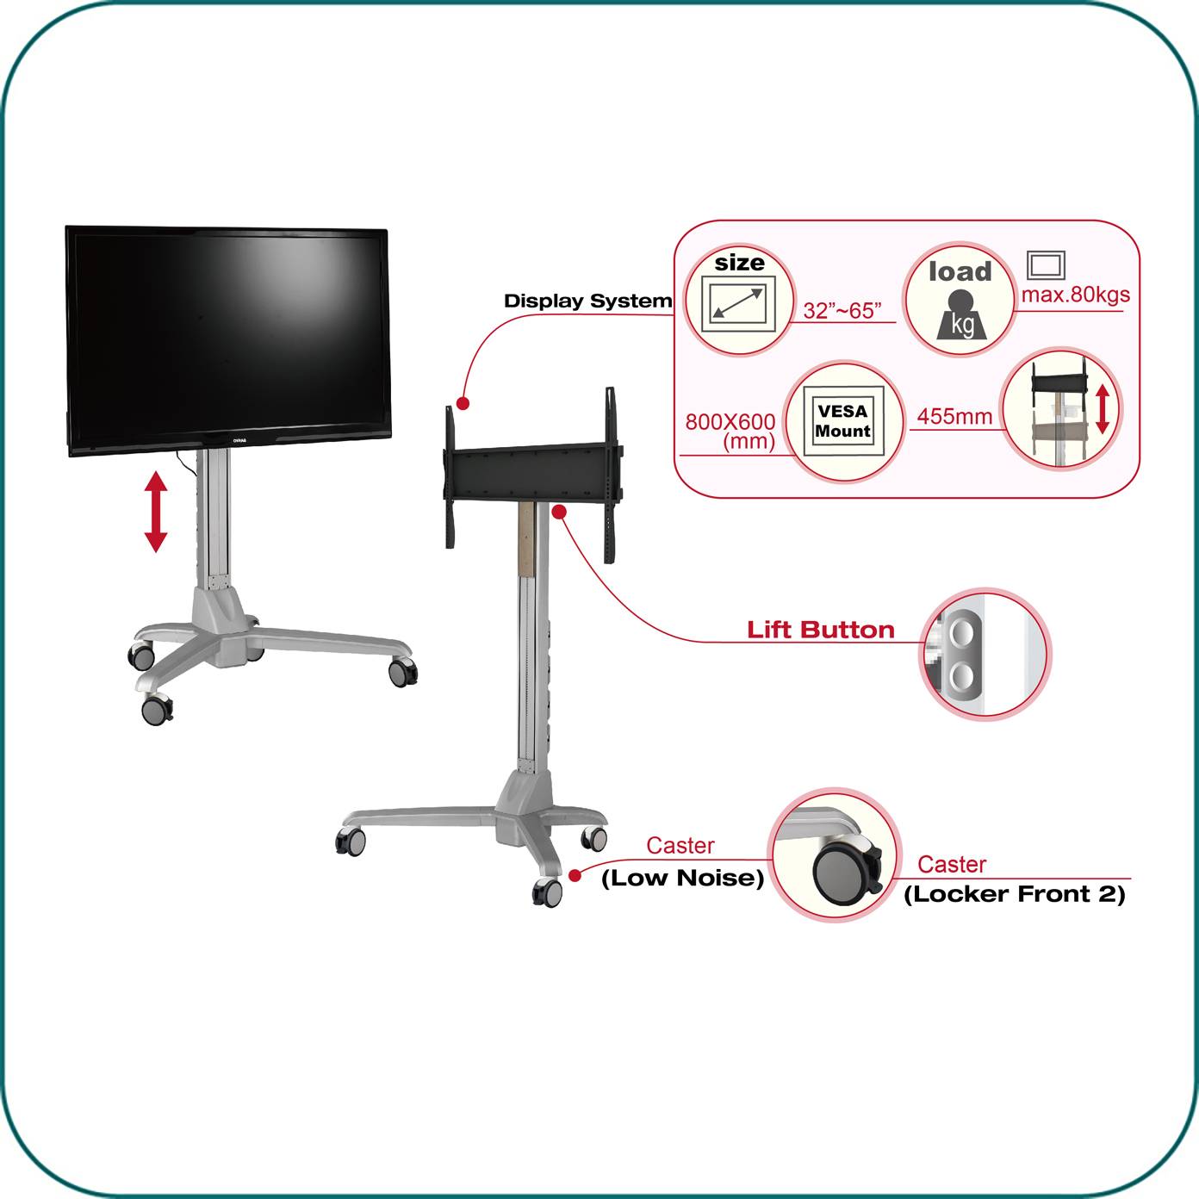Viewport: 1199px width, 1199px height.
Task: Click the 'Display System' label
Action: coord(588,301)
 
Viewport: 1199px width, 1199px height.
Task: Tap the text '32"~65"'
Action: coord(842,310)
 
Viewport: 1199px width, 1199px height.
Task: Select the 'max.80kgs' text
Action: coord(1076,295)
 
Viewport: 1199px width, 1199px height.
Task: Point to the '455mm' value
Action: coord(954,416)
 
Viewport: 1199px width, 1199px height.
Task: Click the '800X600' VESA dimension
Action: coord(730,422)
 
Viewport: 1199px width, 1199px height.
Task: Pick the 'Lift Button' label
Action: coord(821,630)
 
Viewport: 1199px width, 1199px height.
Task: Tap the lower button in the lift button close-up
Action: coord(962,676)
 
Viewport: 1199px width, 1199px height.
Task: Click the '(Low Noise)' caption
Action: coord(682,878)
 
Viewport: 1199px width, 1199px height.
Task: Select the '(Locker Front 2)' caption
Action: coord(1014,894)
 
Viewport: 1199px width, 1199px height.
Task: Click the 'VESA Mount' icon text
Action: coord(843,421)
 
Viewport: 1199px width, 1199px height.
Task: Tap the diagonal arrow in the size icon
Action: coord(738,303)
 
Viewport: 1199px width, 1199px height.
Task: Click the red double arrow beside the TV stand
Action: coord(156,512)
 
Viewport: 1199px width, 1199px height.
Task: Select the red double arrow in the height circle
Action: coord(1103,409)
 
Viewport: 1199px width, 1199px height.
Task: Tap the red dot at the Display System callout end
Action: coord(463,404)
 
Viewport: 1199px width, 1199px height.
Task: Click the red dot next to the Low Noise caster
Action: coord(575,875)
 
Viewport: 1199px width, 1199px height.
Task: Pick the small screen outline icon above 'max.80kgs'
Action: coord(1046,265)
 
